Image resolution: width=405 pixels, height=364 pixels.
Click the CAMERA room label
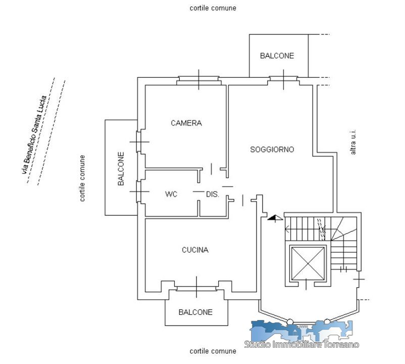[186, 123]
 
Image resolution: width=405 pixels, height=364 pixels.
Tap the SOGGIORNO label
[272, 150]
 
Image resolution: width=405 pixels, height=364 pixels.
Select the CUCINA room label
[195, 250]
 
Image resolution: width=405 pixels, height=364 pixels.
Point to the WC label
[171, 194]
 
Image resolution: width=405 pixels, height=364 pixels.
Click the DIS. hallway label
[212, 194]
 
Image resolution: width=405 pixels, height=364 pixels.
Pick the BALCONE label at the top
[277, 56]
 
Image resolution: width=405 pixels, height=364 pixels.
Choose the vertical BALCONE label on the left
[121, 168]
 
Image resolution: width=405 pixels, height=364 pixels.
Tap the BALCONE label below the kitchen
[195, 312]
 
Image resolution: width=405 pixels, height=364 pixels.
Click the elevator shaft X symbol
[308, 263]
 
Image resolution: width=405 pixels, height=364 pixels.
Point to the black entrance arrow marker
[275, 219]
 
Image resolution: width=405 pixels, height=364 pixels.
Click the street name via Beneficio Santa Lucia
[34, 135]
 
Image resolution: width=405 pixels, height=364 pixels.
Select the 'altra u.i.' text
[353, 142]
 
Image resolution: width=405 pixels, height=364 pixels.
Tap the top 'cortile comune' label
[213, 8]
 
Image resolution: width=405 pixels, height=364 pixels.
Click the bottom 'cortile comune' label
[213, 351]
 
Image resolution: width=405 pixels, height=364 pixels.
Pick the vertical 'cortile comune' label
[82, 178]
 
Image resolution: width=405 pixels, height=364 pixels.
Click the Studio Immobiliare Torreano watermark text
[301, 344]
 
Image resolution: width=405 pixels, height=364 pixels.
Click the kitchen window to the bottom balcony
[196, 287]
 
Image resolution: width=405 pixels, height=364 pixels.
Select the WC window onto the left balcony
[139, 192]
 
